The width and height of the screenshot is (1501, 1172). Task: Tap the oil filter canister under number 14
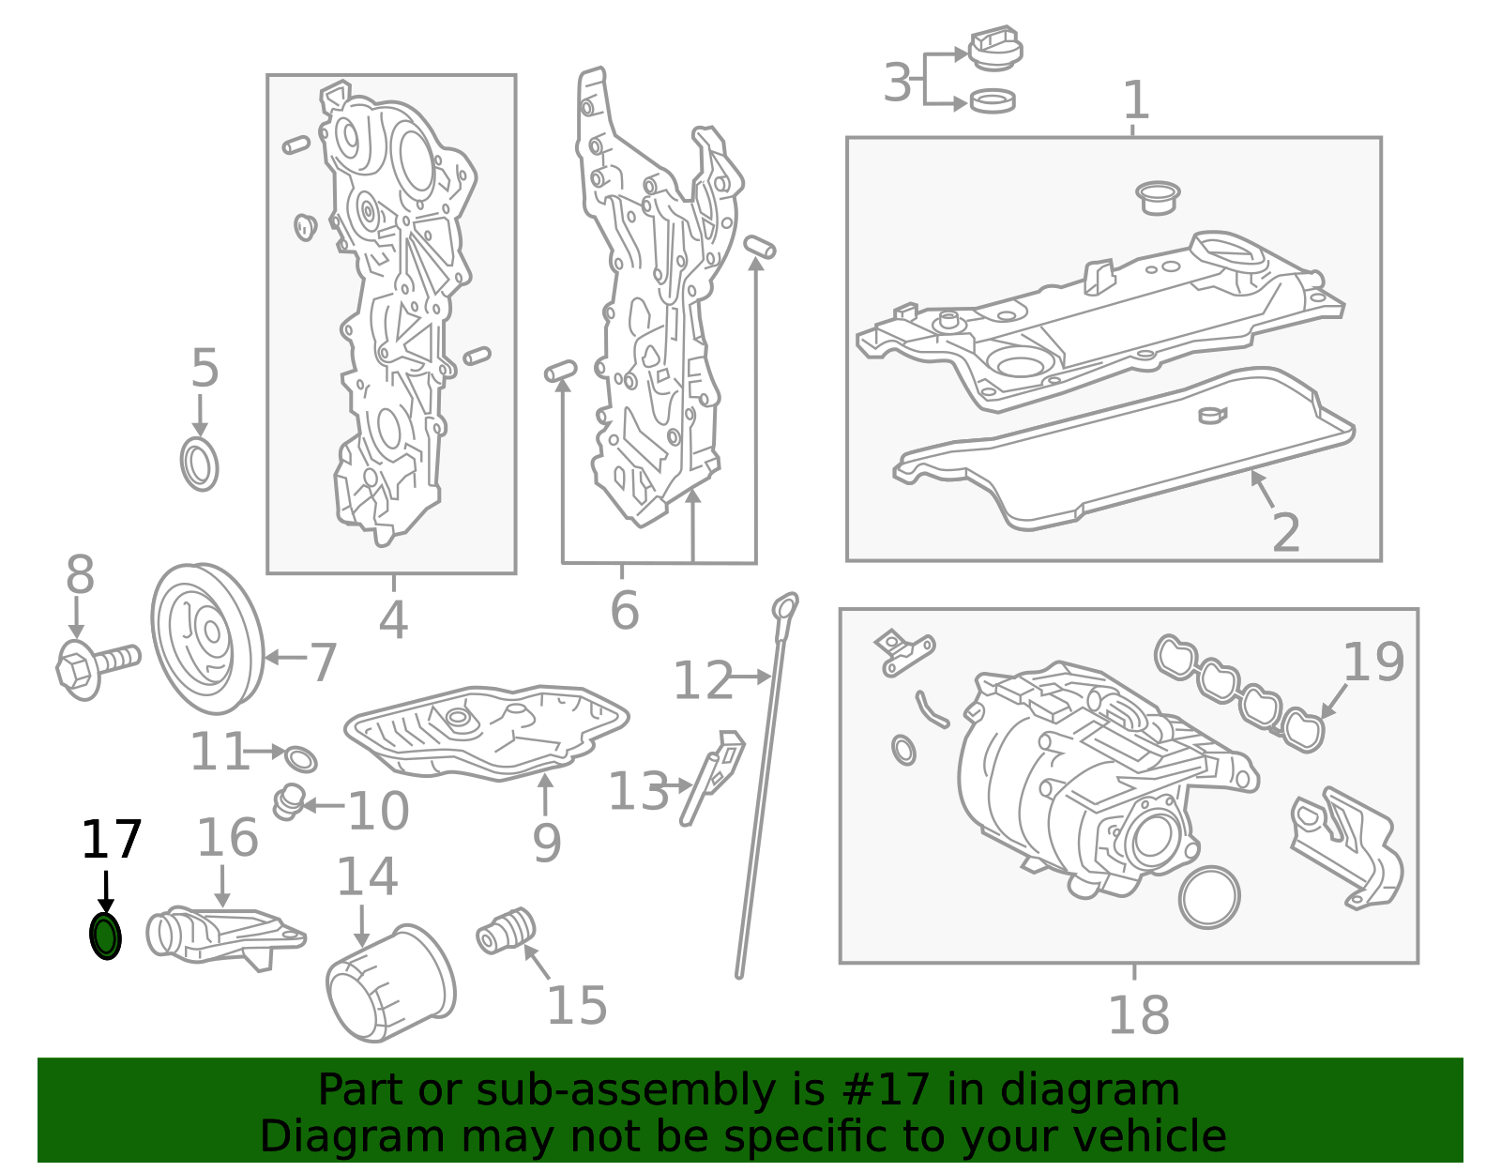[390, 983]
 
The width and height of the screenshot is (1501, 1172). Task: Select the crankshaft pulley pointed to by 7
[207, 638]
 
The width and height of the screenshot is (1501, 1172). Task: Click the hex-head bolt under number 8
[97, 665]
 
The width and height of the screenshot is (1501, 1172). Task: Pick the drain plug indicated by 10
[289, 802]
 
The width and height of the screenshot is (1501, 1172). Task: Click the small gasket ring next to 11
[301, 759]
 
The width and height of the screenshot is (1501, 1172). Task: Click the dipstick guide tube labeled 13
[711, 777]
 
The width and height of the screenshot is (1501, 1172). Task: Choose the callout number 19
[1373, 662]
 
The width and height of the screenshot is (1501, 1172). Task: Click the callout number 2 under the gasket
[1286, 532]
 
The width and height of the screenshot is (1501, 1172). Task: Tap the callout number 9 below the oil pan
[546, 844]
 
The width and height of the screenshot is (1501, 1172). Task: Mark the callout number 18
[1139, 1015]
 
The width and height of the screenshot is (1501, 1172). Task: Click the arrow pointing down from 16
[222, 886]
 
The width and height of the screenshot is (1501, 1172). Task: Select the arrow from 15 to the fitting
[537, 961]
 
